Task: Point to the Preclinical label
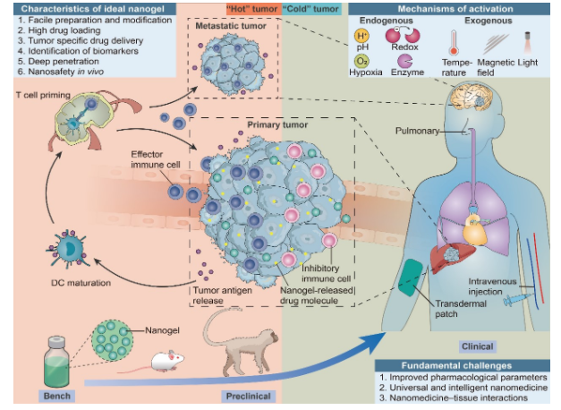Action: [x=247, y=395]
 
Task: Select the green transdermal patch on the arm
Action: [x=412, y=275]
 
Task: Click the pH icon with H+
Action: [x=362, y=37]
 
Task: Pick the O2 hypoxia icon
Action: [x=362, y=60]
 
